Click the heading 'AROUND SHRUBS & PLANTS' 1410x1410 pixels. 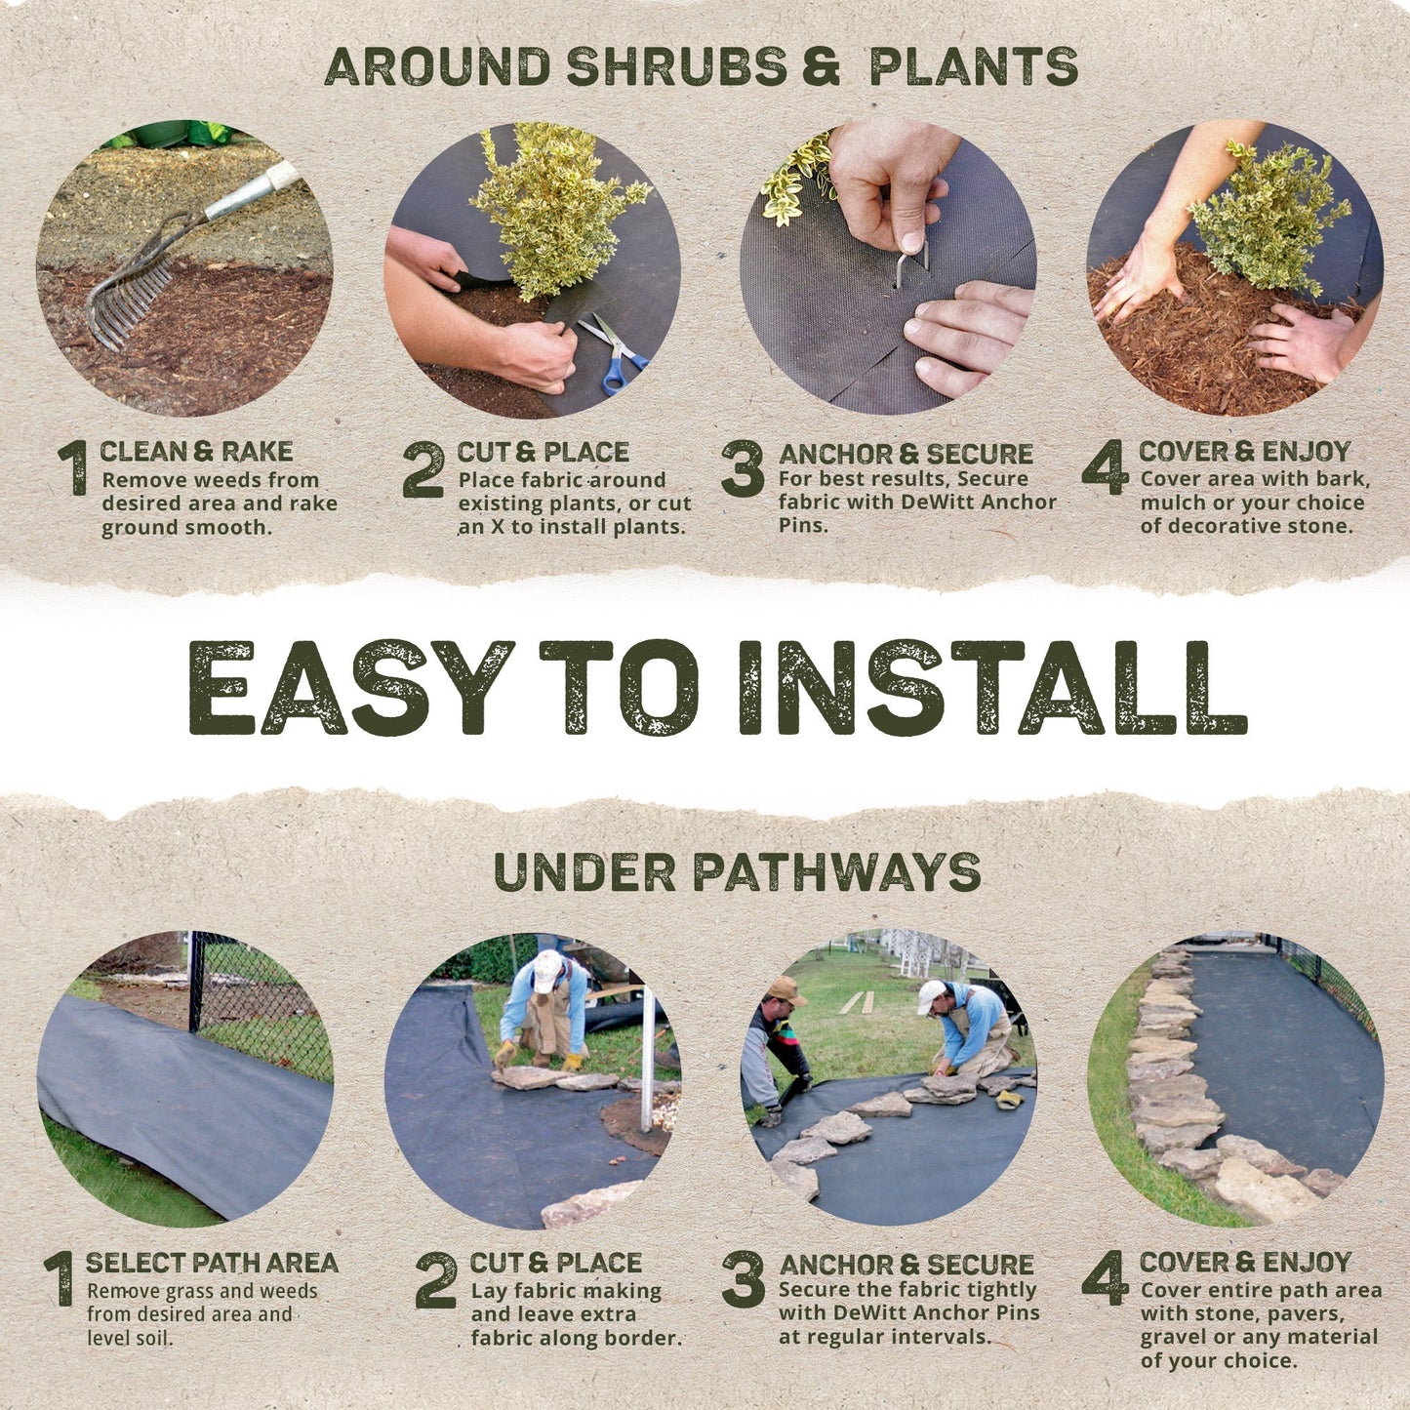(701, 66)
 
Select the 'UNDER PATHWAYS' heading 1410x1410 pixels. (737, 871)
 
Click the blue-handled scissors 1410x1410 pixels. (614, 352)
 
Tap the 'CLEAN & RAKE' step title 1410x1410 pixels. (196, 452)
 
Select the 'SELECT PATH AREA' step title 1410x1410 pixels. (212, 1263)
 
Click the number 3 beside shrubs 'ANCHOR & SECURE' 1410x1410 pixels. (743, 469)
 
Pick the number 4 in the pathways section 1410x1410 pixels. (1105, 1278)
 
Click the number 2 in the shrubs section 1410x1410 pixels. (423, 469)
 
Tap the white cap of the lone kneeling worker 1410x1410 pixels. (547, 969)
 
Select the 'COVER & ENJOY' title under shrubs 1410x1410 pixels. (1244, 452)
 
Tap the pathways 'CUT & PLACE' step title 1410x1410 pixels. (555, 1263)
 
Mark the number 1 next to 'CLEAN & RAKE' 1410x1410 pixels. (72, 467)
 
